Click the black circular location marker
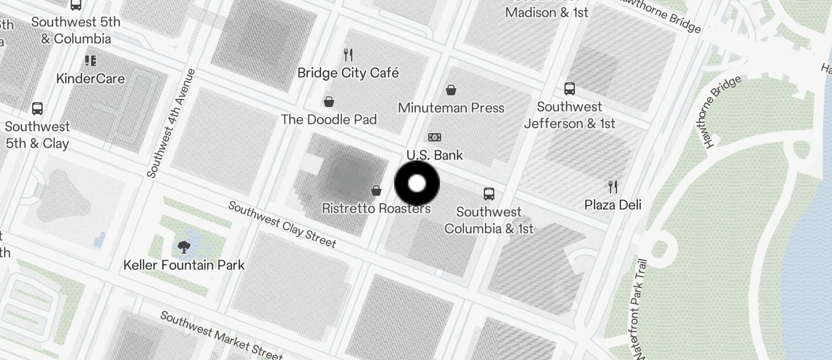click(417, 184)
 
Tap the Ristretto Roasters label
click(376, 209)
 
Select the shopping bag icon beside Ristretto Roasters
click(376, 191)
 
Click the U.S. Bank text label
click(435, 155)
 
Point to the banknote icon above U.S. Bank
click(434, 137)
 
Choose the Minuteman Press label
click(451, 108)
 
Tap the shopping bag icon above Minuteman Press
click(451, 90)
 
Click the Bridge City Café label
click(348, 73)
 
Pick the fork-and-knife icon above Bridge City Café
click(348, 55)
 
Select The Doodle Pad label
click(329, 119)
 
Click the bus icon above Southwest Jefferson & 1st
click(570, 89)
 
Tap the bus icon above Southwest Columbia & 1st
click(489, 193)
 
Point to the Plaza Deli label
click(613, 205)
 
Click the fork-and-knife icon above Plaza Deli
click(613, 187)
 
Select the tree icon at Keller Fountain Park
click(184, 247)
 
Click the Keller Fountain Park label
click(184, 265)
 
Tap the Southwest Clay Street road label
click(282, 224)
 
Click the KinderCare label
click(91, 78)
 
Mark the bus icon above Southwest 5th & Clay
click(37, 109)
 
